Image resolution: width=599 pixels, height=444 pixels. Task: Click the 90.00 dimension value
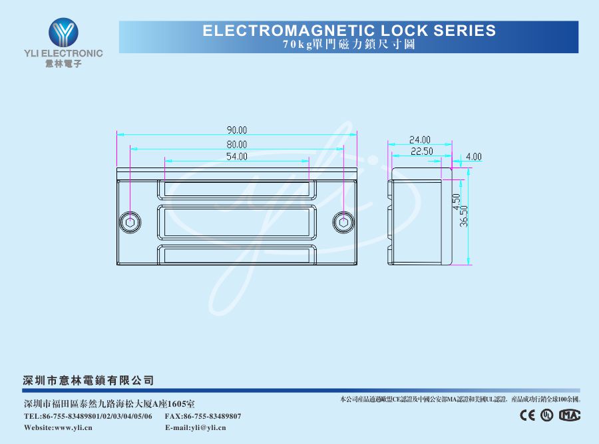coord(237,130)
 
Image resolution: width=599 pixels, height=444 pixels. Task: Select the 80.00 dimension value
coord(237,145)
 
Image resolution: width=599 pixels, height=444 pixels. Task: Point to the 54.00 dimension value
coord(237,156)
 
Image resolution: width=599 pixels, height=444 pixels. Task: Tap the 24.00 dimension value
coord(420,140)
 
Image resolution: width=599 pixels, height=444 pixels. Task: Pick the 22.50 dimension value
coord(422,152)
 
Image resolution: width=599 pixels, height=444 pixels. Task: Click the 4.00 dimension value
coord(474,157)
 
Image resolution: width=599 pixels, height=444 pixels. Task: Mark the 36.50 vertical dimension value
coord(464,216)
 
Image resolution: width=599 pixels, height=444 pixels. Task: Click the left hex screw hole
coord(130,222)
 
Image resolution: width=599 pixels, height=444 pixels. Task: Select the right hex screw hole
coord(343,222)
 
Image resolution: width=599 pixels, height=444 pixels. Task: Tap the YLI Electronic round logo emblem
coord(63,33)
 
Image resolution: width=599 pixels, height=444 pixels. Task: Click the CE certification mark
coord(528,415)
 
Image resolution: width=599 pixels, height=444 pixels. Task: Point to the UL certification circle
coord(546,415)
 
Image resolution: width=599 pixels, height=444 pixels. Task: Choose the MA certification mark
coord(570,415)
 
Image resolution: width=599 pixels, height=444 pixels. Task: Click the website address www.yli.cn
coord(73,427)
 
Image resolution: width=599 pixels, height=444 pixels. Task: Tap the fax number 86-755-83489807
coord(212,416)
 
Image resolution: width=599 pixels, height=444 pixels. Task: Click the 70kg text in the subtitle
coord(298,45)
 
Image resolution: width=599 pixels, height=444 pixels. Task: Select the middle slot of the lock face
coord(237,222)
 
